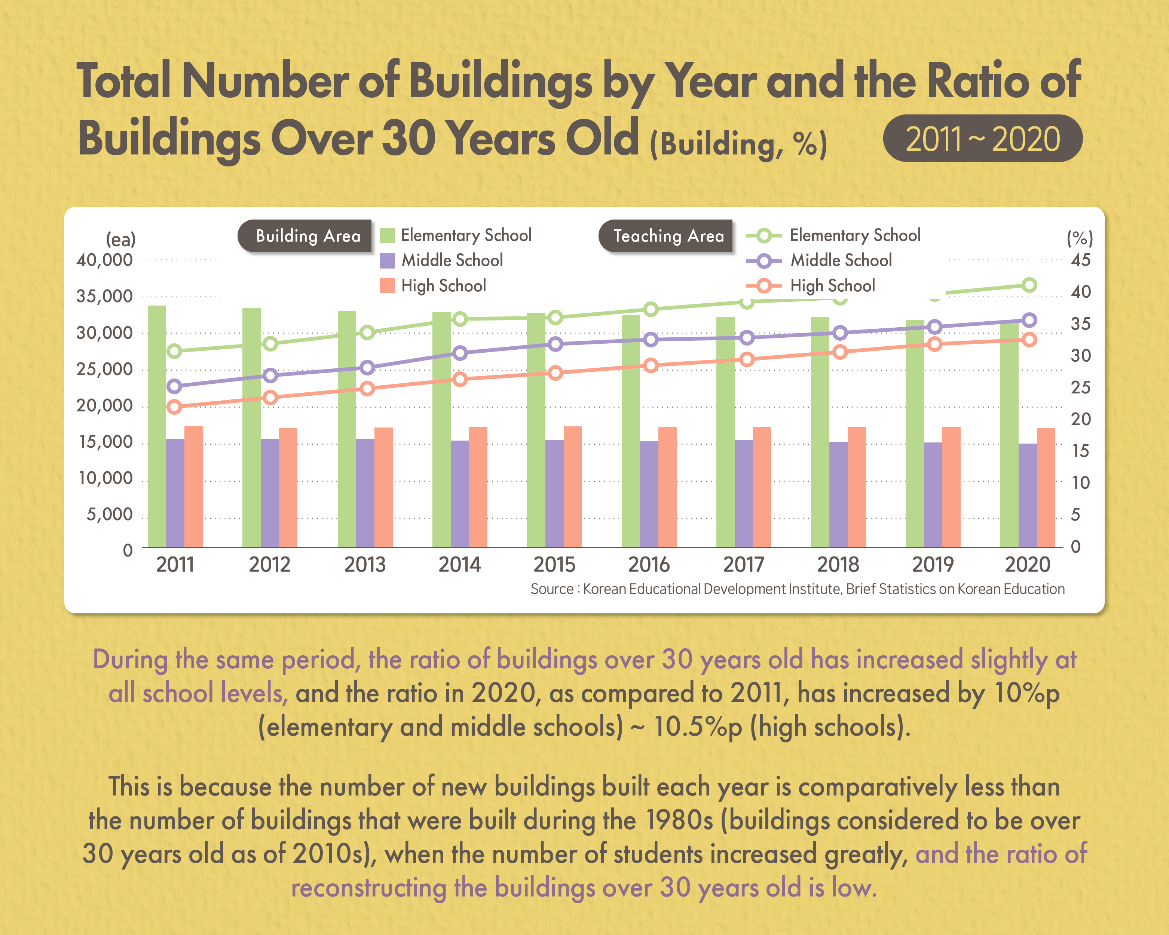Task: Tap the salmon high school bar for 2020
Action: pyautogui.click(x=1046, y=487)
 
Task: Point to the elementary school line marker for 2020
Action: pyautogui.click(x=1029, y=285)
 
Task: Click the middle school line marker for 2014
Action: pyautogui.click(x=460, y=353)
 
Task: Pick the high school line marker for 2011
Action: pyautogui.click(x=174, y=407)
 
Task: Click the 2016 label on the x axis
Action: pyautogui.click(x=649, y=565)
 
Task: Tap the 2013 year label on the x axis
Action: pyautogui.click(x=364, y=565)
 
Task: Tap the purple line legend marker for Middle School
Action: pyautogui.click(x=763, y=261)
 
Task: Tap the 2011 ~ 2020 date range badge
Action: pyautogui.click(x=982, y=138)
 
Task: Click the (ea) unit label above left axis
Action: pyautogui.click(x=120, y=239)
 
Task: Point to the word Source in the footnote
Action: pyautogui.click(x=551, y=589)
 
